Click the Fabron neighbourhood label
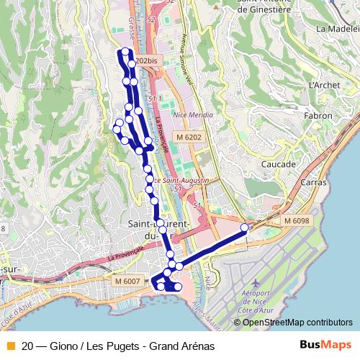[319, 115]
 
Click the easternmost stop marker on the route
[244, 228]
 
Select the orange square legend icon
[9, 346]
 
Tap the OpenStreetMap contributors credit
[295, 322]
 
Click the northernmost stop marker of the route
[125, 50]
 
